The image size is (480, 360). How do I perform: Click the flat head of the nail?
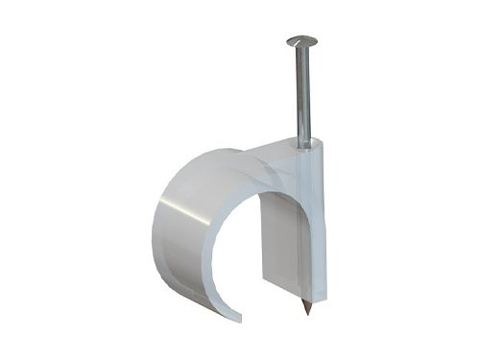[301, 40]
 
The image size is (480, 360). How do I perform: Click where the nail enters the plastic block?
[304, 144]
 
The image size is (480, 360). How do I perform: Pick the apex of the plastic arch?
[230, 154]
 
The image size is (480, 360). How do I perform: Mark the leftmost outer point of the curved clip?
[153, 230]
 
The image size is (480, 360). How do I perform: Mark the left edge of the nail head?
[287, 40]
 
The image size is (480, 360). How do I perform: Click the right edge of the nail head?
[317, 41]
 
